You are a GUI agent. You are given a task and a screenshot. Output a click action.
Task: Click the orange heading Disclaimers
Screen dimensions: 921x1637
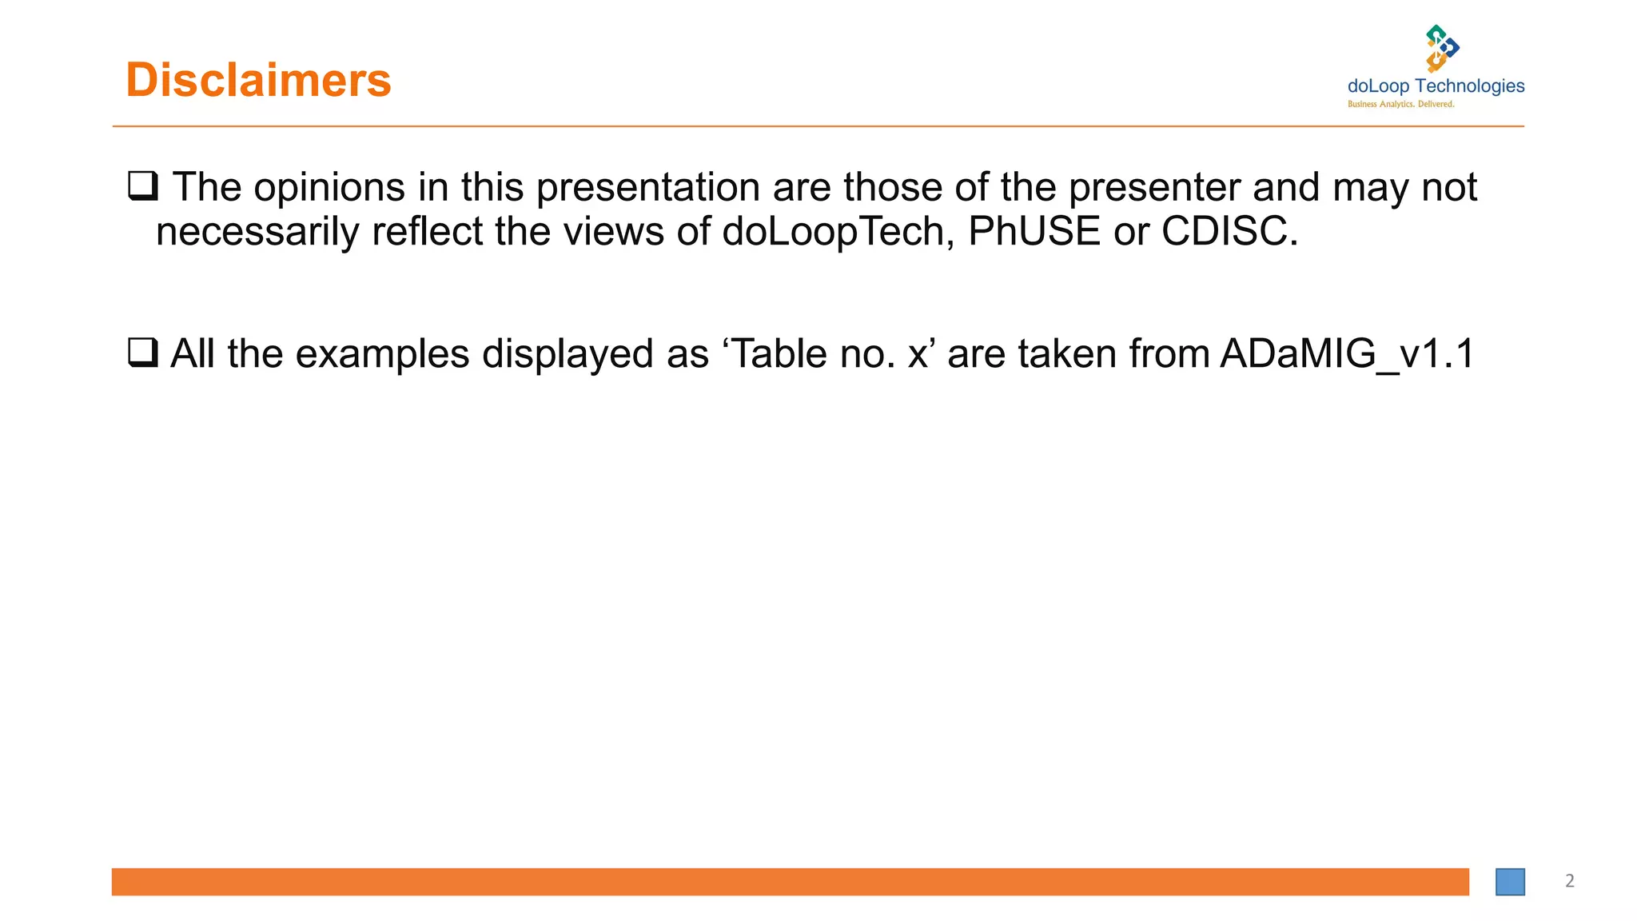(x=258, y=80)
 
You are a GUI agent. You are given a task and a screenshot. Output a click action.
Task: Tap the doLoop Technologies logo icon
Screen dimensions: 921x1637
(x=1442, y=48)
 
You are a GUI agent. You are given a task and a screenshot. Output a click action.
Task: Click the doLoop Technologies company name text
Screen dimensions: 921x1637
(x=1436, y=86)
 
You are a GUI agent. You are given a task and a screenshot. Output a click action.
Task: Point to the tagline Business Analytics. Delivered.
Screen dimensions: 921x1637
(x=1400, y=105)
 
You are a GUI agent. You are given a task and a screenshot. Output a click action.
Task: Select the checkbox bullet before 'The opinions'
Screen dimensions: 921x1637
(x=143, y=185)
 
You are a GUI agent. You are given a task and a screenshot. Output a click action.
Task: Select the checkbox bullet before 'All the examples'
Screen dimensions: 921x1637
(x=143, y=352)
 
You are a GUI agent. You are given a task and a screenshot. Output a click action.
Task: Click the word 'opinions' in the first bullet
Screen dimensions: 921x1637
(x=329, y=188)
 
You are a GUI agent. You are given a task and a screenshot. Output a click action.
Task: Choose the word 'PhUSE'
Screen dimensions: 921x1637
(x=1034, y=232)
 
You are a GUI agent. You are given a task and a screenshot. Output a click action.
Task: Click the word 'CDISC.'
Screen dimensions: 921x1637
(x=1229, y=232)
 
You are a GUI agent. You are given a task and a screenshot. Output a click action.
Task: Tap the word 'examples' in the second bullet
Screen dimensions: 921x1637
(x=382, y=354)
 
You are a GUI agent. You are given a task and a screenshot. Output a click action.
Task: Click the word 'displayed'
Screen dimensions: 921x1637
(x=568, y=354)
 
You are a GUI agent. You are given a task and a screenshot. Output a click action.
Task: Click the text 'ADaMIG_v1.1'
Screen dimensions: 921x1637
(x=1347, y=354)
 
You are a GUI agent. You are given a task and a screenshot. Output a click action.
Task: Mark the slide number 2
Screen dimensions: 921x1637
(x=1569, y=881)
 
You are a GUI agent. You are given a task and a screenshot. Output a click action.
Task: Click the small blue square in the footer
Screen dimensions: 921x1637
(x=1510, y=882)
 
